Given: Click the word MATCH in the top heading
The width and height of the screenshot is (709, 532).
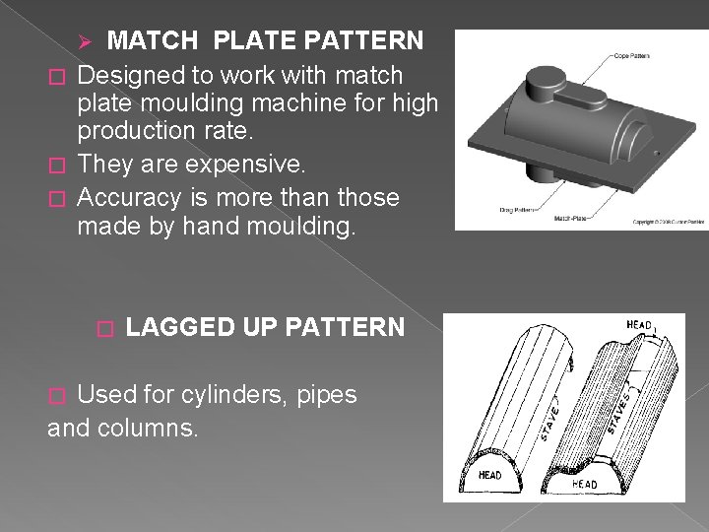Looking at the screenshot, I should pos(152,40).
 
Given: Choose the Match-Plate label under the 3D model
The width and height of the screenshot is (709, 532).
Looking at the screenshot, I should pos(571,218).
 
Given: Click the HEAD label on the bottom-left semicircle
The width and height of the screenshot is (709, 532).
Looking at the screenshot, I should pos(489,476).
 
